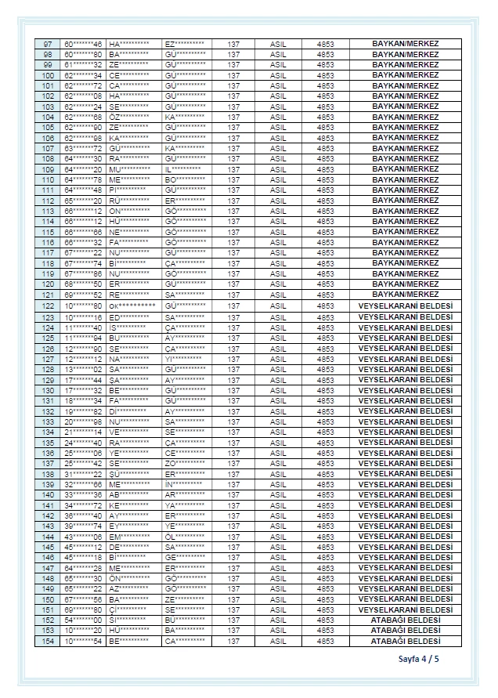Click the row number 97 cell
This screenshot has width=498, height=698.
[x=48, y=44]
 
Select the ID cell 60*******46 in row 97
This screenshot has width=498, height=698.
[x=83, y=44]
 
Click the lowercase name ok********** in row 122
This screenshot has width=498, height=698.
[x=132, y=305]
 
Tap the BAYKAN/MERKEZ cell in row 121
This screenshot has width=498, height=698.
[x=405, y=295]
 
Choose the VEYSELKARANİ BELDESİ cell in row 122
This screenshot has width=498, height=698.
[x=405, y=305]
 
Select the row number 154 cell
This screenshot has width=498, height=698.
[x=48, y=641]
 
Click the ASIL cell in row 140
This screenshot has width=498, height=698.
[x=278, y=494]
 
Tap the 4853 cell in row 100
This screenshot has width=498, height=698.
[x=325, y=75]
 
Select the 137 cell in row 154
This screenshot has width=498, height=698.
[x=233, y=641]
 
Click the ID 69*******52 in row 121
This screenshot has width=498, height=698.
[x=83, y=295]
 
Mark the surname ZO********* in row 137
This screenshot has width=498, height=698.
[x=185, y=463]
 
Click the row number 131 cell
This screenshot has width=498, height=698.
[x=48, y=400]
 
